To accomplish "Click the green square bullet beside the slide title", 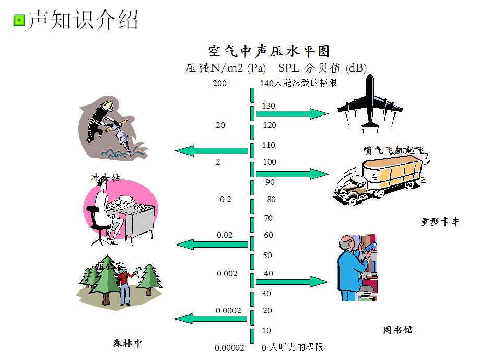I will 19,21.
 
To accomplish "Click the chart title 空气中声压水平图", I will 269,51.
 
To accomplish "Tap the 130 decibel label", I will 268,106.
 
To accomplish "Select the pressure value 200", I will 220,84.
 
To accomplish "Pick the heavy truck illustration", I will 381,178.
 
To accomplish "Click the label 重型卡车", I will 440,222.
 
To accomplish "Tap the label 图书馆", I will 398,330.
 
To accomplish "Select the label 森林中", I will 127,343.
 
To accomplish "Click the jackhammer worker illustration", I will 110,128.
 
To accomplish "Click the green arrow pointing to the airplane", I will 291,113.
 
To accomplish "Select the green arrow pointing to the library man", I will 291,282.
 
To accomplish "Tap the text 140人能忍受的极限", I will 298,83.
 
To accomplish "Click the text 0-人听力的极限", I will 292,347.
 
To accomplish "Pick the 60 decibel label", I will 268,236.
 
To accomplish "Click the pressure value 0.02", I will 225,235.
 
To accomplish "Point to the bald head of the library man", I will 345,241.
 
